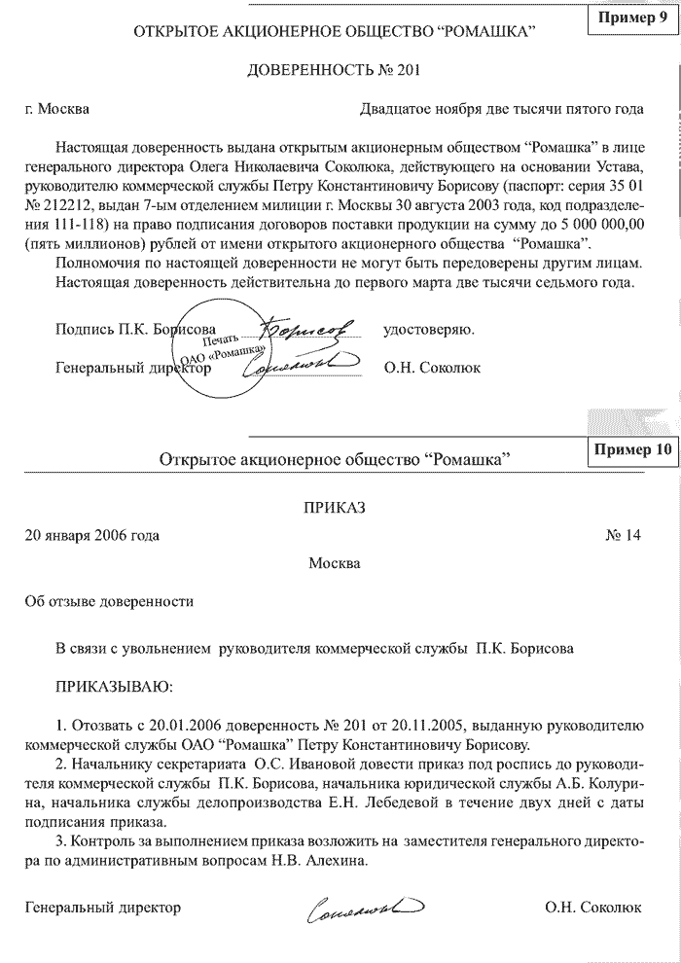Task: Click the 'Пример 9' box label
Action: tap(632, 19)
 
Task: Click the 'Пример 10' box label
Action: tap(630, 449)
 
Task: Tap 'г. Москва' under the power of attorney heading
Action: tap(57, 108)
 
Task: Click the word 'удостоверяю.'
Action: tap(429, 329)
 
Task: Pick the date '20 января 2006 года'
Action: tap(92, 535)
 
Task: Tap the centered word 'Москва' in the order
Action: tap(334, 563)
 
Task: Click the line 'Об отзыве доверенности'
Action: tap(109, 601)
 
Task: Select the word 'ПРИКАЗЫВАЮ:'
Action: tap(114, 687)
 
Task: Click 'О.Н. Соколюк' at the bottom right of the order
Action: tap(593, 907)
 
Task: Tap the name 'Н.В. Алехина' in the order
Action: tap(325, 860)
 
